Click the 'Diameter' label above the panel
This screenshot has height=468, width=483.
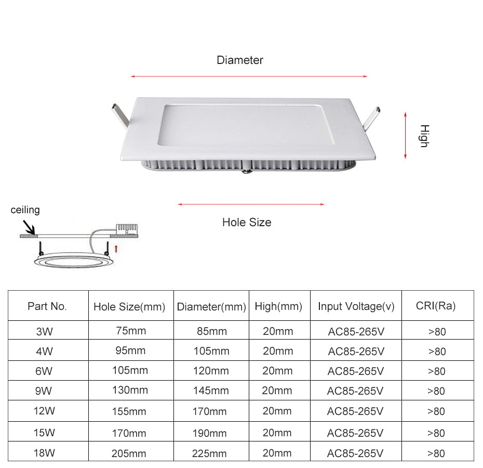click(x=240, y=60)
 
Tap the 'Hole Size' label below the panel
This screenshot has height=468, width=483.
click(x=247, y=223)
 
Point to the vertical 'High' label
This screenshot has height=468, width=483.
click(x=423, y=136)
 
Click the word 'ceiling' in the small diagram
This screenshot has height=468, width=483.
click(x=25, y=210)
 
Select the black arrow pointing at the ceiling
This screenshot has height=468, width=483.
click(x=28, y=227)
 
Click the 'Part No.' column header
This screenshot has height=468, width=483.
click(x=47, y=306)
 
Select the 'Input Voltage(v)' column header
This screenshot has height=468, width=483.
click(x=356, y=307)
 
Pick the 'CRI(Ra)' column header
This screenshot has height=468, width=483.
click(x=436, y=306)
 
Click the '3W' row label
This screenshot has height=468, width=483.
click(x=44, y=331)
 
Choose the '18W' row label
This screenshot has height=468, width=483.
click(x=44, y=453)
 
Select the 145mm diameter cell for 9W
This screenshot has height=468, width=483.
click(x=210, y=391)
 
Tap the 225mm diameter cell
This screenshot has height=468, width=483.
click(x=210, y=453)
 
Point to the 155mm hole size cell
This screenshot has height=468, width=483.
click(x=129, y=412)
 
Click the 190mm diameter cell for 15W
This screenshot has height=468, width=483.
click(x=210, y=433)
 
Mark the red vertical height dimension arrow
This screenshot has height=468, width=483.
click(x=406, y=134)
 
